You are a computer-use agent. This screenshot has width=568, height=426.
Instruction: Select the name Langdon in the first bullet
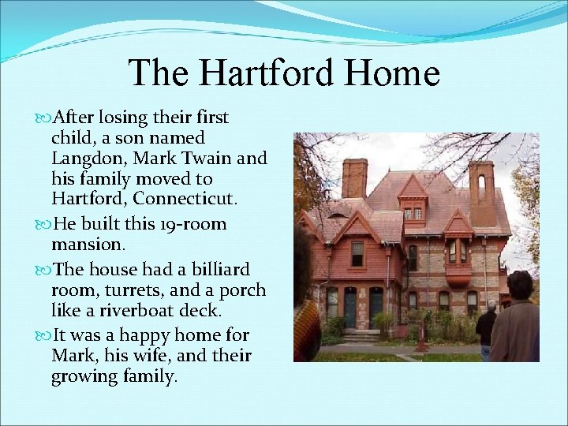click(x=84, y=159)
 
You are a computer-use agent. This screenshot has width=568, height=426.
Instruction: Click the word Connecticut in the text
click(x=170, y=200)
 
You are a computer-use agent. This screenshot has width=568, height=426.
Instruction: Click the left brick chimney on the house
click(x=354, y=177)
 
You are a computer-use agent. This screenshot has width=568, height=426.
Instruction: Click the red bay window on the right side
click(x=458, y=260)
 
